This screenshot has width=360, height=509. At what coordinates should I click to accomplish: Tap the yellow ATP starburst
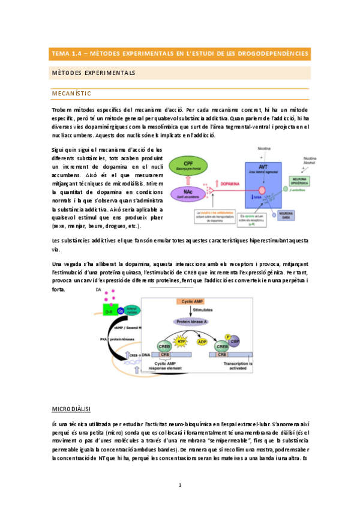[181, 342]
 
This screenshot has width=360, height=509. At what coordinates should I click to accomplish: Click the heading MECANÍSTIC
[71, 94]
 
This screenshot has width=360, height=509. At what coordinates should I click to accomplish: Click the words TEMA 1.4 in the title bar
[67, 53]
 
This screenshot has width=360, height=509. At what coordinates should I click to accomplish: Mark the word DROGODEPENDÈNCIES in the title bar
[272, 53]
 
